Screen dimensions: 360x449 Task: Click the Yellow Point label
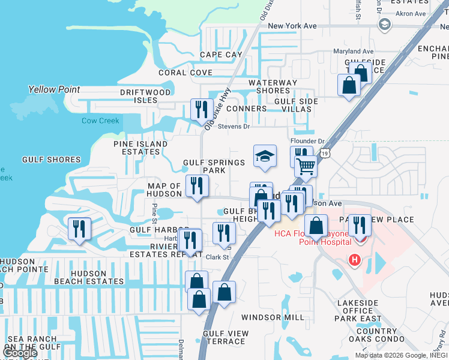click(x=54, y=89)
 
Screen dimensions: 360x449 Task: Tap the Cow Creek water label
click(x=101, y=121)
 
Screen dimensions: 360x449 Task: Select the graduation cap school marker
click(x=265, y=157)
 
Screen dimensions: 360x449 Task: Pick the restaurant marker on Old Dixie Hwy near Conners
click(x=202, y=110)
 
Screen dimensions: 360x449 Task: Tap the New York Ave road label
click(x=292, y=26)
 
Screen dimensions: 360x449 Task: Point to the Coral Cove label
click(x=185, y=73)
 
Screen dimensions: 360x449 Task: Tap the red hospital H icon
click(x=355, y=260)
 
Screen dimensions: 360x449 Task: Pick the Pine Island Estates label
click(x=140, y=148)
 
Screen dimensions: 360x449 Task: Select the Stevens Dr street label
click(x=234, y=127)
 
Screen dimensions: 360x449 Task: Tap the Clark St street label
click(x=218, y=257)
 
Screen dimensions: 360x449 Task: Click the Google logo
click(x=20, y=353)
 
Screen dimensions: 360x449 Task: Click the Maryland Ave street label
click(x=370, y=52)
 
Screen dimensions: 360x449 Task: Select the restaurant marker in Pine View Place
click(x=360, y=226)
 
